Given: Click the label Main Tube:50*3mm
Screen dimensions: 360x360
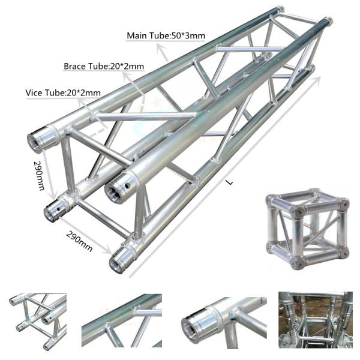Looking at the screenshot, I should click(166, 36).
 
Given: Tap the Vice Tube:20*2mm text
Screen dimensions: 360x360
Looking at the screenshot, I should click(62, 94).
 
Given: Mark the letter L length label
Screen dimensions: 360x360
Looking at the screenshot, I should click(229, 184).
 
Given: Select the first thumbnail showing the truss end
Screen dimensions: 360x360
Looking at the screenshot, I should click(38, 321).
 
